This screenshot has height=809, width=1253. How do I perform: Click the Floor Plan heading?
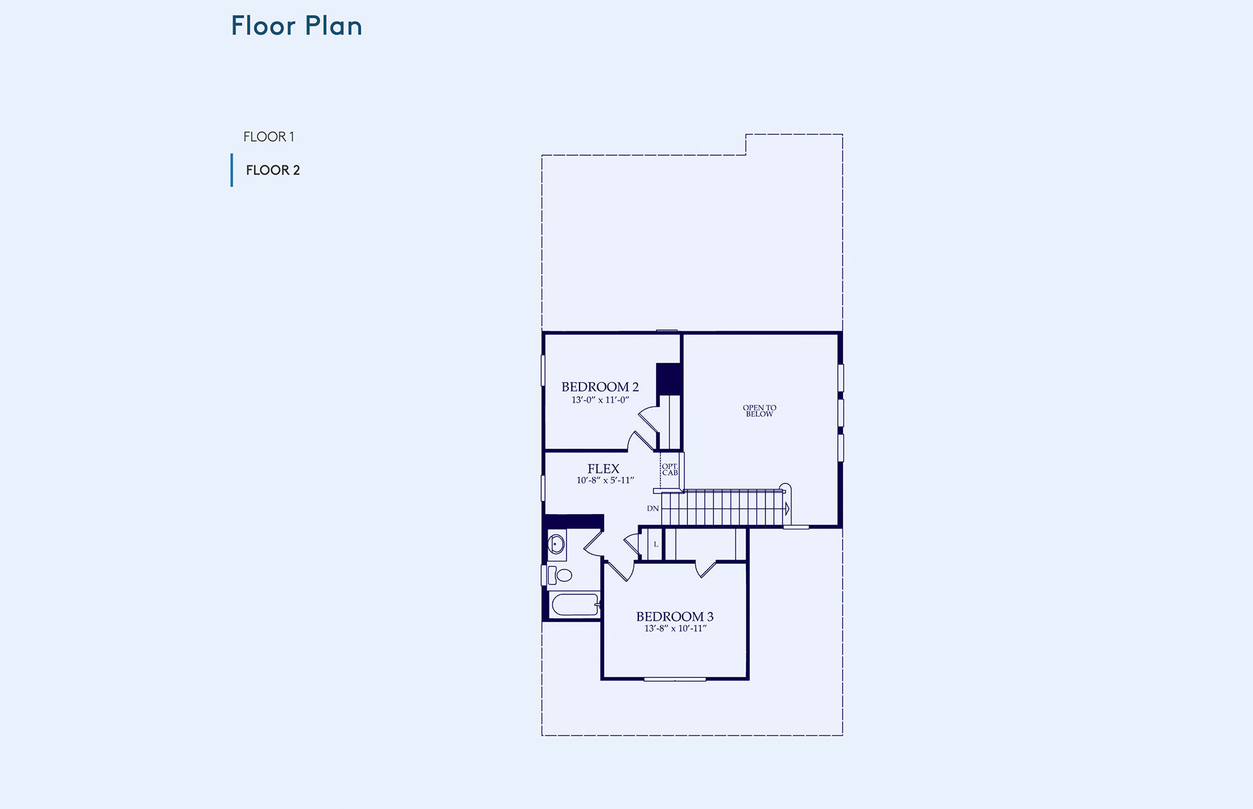click(296, 26)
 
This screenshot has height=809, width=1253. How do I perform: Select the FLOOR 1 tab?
click(269, 137)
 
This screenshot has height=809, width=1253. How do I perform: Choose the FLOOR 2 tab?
click(273, 170)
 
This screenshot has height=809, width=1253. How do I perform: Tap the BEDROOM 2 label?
click(600, 387)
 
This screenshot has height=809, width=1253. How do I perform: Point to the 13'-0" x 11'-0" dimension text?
click(600, 400)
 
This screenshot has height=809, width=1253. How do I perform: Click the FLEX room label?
click(603, 469)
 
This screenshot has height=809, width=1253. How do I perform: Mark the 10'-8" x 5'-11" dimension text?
click(605, 480)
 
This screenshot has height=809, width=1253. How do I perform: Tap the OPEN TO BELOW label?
click(760, 411)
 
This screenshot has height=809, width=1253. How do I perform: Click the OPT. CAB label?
click(670, 470)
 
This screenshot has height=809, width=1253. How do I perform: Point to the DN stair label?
click(653, 509)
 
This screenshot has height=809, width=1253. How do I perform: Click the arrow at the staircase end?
click(787, 508)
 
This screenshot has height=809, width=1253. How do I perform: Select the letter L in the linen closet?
click(656, 545)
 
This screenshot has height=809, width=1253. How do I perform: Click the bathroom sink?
click(557, 544)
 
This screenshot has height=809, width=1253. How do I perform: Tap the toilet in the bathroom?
click(560, 575)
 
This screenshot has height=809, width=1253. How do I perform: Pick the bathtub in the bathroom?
click(575, 604)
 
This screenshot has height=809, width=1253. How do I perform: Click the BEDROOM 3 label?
click(675, 617)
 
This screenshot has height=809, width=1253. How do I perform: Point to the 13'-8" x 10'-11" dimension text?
click(675, 629)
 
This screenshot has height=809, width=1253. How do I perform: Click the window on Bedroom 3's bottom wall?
click(675, 679)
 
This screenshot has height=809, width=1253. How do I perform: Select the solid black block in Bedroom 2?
click(668, 379)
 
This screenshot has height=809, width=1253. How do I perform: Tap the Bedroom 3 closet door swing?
click(705, 569)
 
